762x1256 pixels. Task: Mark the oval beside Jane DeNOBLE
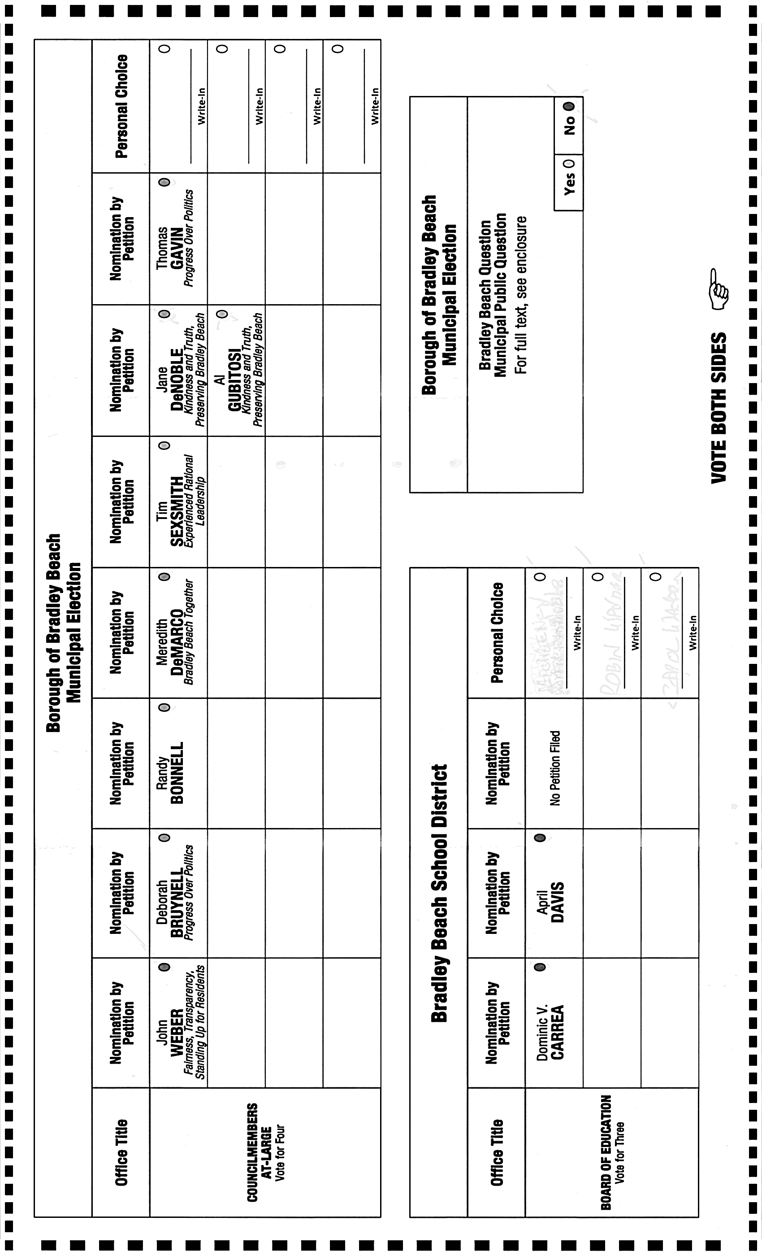[x=165, y=314]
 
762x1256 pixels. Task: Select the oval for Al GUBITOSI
[x=222, y=314]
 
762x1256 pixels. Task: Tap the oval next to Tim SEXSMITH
[x=165, y=445]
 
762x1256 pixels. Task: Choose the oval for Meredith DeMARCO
[x=165, y=577]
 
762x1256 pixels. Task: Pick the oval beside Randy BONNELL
[x=165, y=707]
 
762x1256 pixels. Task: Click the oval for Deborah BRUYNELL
[x=165, y=837]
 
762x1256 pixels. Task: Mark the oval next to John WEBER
[x=165, y=967]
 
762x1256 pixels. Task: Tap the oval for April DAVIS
[x=541, y=837]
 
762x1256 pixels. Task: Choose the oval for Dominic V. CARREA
[x=541, y=967]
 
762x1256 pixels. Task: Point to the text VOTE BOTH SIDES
[x=719, y=408]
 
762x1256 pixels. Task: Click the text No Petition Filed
[x=555, y=768]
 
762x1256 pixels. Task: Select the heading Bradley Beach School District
[x=439, y=893]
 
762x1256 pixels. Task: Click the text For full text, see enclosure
[x=520, y=296]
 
